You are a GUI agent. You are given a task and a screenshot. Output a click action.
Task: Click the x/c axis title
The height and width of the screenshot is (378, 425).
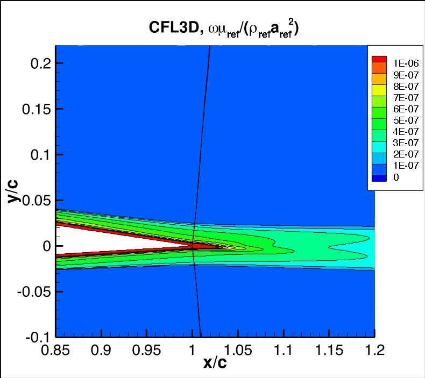pyautogui.click(x=215, y=363)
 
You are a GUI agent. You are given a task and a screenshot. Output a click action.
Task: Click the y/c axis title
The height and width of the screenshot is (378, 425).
pyautogui.click(x=15, y=191)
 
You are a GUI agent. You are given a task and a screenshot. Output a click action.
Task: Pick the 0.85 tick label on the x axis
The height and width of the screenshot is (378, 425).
pyautogui.click(x=56, y=351)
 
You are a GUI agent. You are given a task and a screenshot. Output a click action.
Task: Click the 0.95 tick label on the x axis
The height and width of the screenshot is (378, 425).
pyautogui.click(x=147, y=351)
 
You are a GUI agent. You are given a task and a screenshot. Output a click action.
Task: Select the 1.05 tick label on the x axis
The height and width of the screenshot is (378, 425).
pyautogui.click(x=238, y=351)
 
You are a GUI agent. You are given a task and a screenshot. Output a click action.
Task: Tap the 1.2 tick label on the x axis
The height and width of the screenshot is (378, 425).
pyautogui.click(x=374, y=351)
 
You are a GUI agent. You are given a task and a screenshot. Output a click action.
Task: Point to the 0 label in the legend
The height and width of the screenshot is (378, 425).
pyautogui.click(x=396, y=177)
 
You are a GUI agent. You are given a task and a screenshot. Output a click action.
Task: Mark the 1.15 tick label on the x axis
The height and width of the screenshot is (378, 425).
pyautogui.click(x=329, y=351)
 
